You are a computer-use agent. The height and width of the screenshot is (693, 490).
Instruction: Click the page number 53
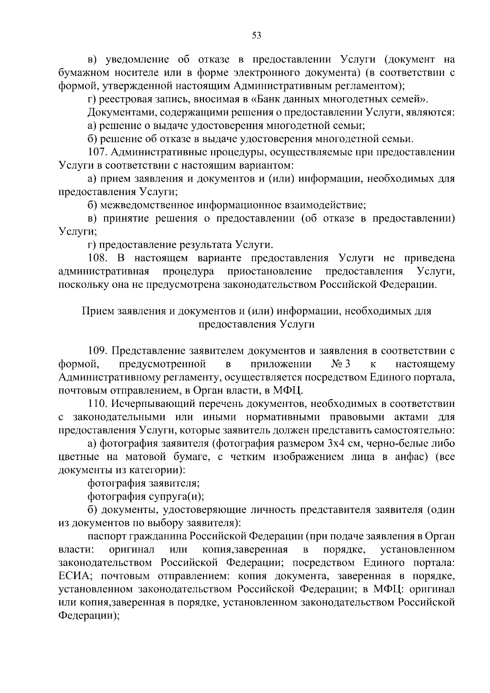pos(256,35)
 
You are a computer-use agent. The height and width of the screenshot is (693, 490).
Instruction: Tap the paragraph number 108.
pos(98,258)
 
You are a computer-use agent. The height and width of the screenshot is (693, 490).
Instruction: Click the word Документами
pos(122,113)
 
